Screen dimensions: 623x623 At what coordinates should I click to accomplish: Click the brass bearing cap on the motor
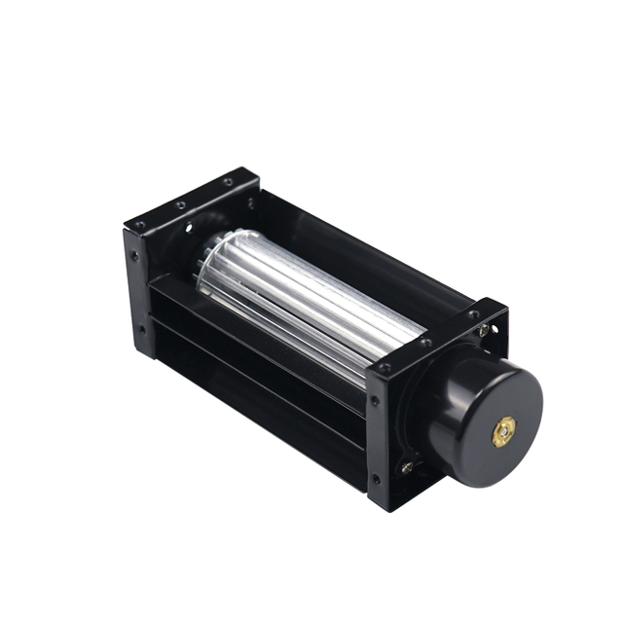pyautogui.click(x=504, y=431)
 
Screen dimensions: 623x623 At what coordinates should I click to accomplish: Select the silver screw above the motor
pyautogui.click(x=483, y=331)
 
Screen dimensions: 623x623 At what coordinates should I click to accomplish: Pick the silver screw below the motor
pyautogui.click(x=407, y=467)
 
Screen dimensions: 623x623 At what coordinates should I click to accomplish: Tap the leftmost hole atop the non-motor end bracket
pyautogui.click(x=140, y=225)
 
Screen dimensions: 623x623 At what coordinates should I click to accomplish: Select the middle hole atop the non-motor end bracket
pyautogui.click(x=181, y=204)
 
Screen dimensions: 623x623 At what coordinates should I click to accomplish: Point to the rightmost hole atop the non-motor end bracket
pyautogui.click(x=227, y=182)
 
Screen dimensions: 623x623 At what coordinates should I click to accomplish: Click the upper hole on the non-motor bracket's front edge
pyautogui.click(x=133, y=257)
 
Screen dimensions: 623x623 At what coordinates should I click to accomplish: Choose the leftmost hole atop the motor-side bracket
pyautogui.click(x=385, y=368)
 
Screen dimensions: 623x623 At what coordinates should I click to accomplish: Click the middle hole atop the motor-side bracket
pyautogui.click(x=426, y=342)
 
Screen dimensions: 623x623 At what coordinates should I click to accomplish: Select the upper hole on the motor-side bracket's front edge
pyautogui.click(x=376, y=400)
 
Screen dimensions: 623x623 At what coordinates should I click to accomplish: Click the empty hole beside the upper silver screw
pyautogui.click(x=495, y=329)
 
